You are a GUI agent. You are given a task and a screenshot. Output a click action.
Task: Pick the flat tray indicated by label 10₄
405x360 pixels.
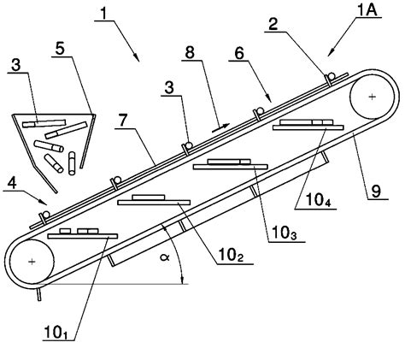point(308,127)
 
